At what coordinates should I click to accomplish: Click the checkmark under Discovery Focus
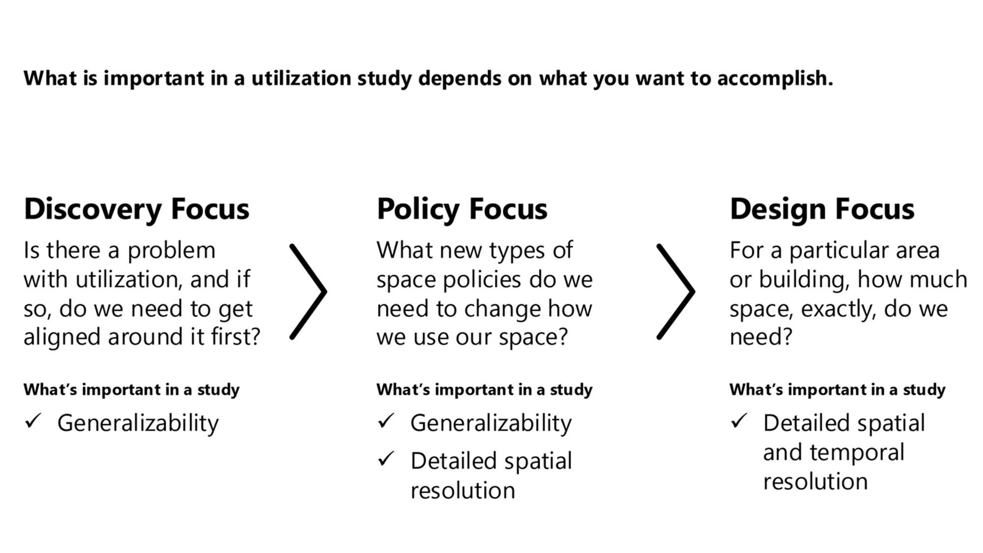tap(33, 421)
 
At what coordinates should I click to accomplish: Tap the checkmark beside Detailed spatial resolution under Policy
tap(386, 459)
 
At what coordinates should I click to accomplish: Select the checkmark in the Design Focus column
tap(739, 421)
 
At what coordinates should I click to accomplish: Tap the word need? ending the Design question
tap(761, 338)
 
